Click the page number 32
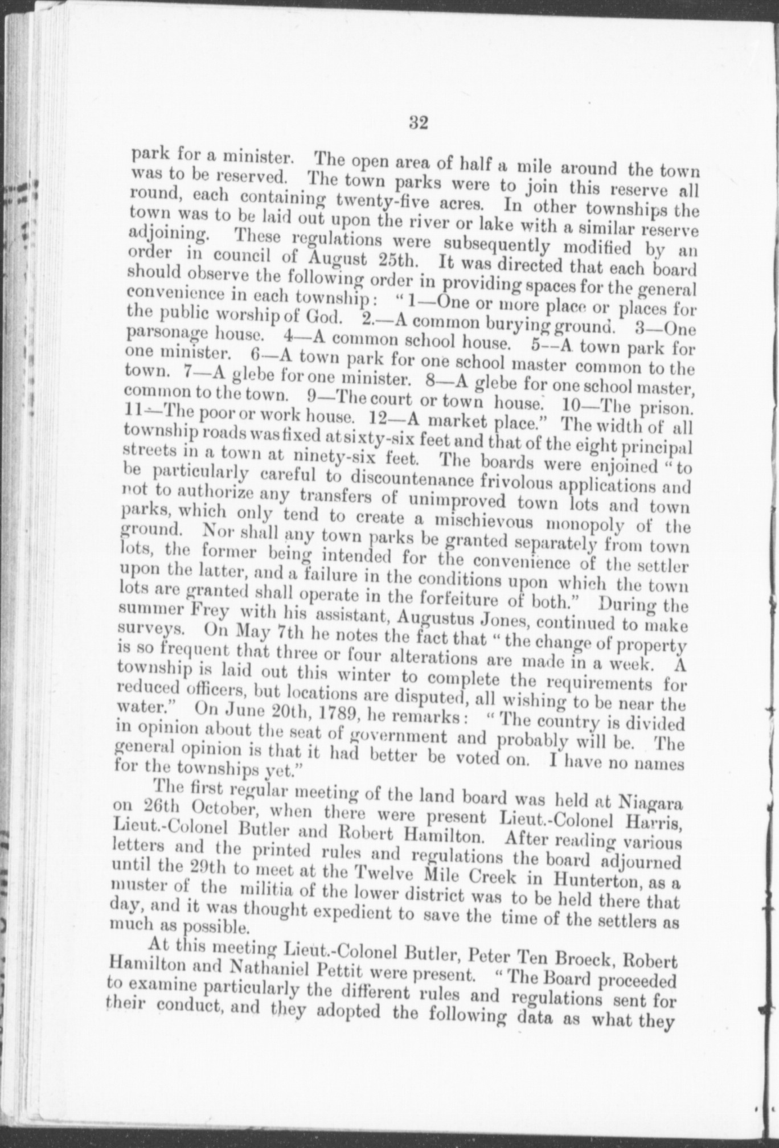(418, 122)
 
